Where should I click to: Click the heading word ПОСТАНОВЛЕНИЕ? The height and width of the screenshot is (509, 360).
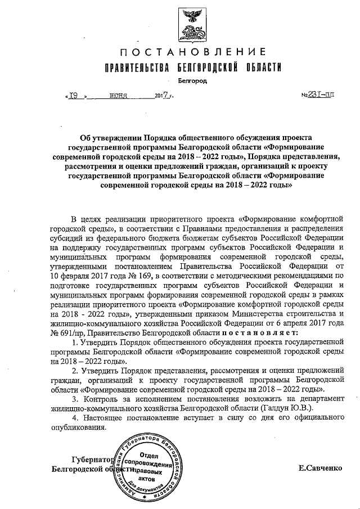click(x=192, y=53)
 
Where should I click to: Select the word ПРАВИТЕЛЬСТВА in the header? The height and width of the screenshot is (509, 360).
click(x=136, y=68)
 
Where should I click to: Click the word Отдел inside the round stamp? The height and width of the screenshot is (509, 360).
click(x=147, y=454)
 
